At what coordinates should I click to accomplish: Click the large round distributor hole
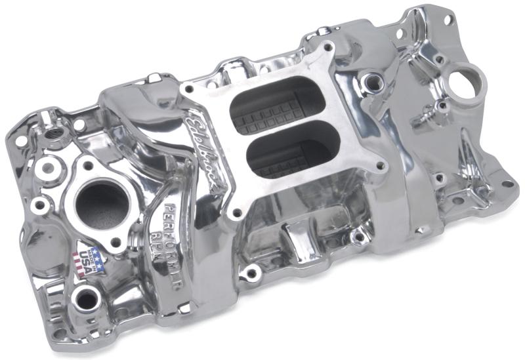click(x=471, y=82)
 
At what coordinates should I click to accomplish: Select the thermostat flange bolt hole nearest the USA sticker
click(x=116, y=243)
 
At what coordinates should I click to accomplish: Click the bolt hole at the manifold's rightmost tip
click(x=507, y=184)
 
